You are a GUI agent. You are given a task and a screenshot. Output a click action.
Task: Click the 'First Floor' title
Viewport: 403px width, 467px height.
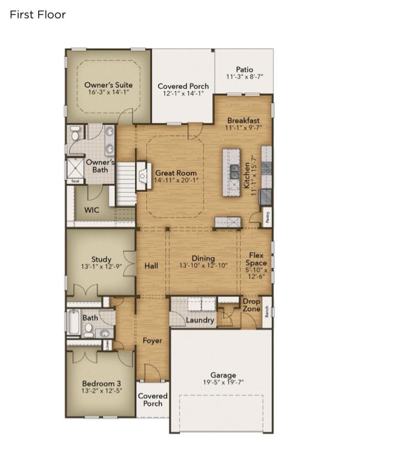(x=38, y=15)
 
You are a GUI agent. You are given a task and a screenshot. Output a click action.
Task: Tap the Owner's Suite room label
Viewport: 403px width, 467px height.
(x=108, y=84)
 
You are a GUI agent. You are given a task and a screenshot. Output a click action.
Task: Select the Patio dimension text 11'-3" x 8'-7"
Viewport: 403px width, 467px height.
(x=244, y=77)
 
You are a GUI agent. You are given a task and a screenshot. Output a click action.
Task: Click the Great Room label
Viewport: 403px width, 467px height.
(x=176, y=173)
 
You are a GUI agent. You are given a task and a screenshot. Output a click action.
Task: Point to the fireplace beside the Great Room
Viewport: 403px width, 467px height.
(x=142, y=176)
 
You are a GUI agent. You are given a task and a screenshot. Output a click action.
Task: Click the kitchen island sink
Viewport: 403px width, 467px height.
(x=234, y=172)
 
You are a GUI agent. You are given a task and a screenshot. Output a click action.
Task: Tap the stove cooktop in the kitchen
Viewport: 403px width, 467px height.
(x=267, y=168)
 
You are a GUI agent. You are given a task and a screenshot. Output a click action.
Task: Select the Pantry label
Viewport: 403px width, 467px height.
(x=268, y=218)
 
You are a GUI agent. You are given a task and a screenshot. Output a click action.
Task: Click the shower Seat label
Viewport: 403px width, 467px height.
(x=75, y=181)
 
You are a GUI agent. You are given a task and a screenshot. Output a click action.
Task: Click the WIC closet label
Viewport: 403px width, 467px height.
(x=92, y=210)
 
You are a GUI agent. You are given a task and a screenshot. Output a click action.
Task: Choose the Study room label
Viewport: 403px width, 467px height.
(x=101, y=260)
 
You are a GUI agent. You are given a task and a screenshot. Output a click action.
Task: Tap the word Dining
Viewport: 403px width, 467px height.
(x=203, y=259)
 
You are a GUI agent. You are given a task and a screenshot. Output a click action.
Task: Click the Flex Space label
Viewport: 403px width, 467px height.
(x=256, y=259)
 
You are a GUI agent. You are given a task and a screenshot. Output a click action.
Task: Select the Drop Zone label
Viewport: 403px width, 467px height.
(x=252, y=305)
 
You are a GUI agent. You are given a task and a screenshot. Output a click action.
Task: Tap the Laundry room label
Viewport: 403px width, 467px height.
(x=200, y=320)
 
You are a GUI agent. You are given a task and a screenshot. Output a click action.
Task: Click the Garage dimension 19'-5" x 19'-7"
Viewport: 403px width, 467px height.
(x=223, y=382)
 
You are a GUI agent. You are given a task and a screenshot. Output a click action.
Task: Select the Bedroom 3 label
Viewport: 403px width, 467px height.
(x=101, y=384)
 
